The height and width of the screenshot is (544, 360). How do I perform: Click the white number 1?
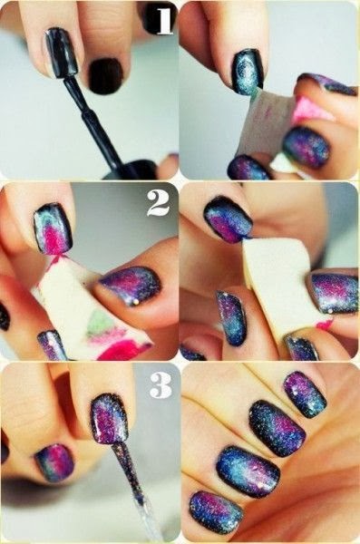tap(164, 22)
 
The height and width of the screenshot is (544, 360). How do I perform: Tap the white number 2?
tap(159, 203)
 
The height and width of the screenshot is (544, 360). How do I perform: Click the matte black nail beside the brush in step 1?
tap(105, 76)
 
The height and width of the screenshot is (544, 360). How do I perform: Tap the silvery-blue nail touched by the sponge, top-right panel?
tap(248, 72)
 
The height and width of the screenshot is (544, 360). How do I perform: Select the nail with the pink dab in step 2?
tap(53, 228)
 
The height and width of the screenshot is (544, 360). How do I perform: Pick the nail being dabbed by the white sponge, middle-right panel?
tap(229, 219)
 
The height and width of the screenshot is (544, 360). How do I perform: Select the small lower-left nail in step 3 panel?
tap(54, 462)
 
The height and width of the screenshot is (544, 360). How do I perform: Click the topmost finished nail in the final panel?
tap(305, 394)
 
